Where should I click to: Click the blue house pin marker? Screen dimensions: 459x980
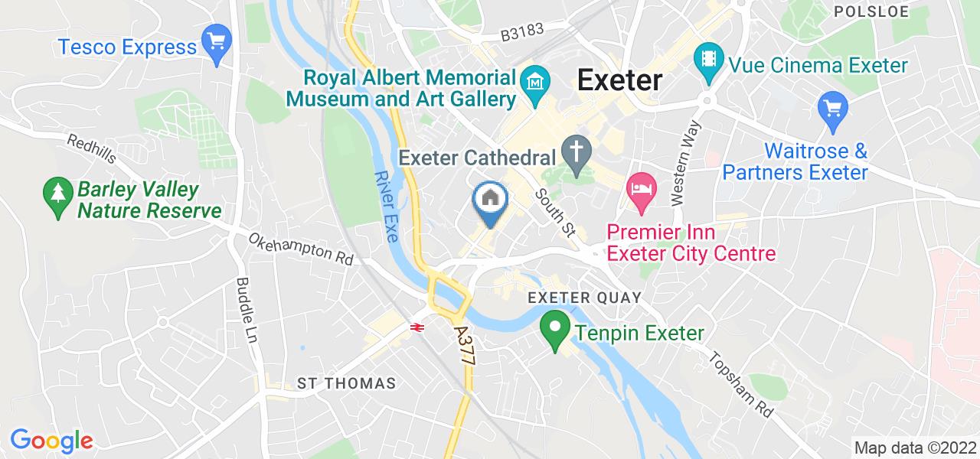490,201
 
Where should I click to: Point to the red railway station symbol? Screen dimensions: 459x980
417,327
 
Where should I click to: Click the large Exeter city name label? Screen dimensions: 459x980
619,79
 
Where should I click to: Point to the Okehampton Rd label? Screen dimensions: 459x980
300,249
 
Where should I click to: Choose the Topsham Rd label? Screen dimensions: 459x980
741,385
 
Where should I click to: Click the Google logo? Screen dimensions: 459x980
51,441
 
